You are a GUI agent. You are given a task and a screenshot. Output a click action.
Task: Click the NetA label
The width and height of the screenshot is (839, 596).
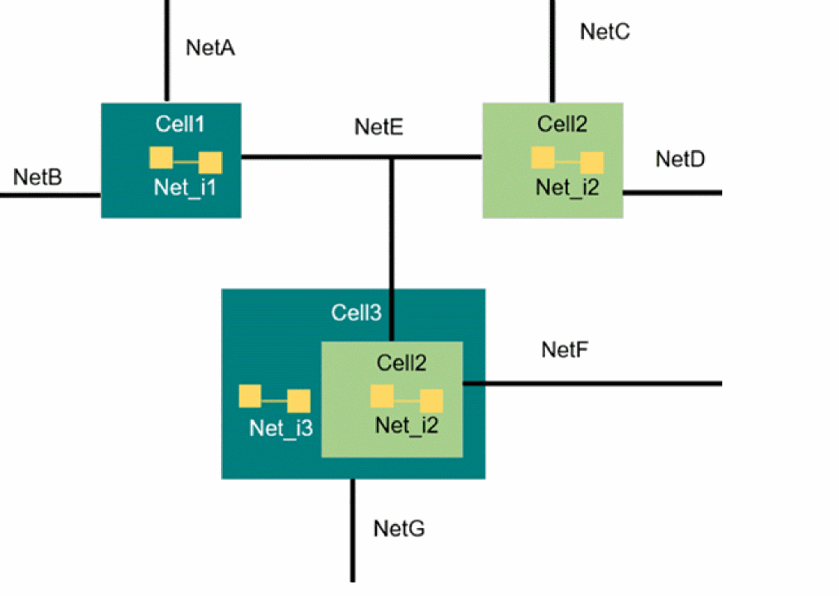(x=210, y=47)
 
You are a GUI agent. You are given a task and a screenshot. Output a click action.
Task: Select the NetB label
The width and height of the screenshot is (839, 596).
(x=37, y=177)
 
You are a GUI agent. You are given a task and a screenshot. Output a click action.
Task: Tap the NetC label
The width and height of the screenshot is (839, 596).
(x=605, y=31)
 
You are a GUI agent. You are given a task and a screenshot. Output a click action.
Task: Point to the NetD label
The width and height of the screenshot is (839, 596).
(x=680, y=158)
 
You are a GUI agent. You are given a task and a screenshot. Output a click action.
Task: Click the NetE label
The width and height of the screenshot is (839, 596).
(x=379, y=127)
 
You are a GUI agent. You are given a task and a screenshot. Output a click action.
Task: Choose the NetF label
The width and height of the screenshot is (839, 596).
(x=565, y=349)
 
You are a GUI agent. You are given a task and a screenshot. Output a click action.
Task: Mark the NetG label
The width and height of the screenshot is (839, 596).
(x=398, y=528)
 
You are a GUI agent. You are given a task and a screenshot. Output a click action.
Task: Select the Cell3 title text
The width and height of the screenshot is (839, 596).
(x=356, y=313)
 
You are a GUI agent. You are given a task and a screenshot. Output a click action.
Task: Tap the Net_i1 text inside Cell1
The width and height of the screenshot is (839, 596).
(x=185, y=187)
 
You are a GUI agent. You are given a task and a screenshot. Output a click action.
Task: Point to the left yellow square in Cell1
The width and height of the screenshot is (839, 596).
(x=161, y=157)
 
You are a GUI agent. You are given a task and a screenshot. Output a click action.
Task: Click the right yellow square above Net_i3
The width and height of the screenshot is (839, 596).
(x=299, y=401)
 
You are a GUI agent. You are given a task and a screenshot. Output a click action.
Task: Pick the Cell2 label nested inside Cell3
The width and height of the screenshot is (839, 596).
(x=402, y=362)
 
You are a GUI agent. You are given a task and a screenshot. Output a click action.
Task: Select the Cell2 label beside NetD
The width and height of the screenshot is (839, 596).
(x=562, y=124)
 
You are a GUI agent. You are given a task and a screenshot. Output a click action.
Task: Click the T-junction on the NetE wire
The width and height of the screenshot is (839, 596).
(x=392, y=157)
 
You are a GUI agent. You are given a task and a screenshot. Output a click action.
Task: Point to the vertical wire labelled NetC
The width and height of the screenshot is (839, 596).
(x=551, y=50)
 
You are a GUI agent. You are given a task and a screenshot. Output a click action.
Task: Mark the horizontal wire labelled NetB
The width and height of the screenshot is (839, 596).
(x=50, y=196)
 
